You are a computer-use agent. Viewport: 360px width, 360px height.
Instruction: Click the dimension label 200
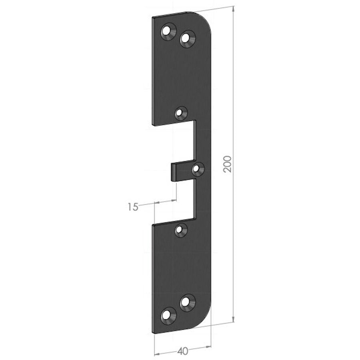(227, 164)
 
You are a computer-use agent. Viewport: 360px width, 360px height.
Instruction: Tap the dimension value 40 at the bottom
(183, 351)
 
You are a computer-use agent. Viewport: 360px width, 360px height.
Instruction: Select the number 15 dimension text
(133, 207)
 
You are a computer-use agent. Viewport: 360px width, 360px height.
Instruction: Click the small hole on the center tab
(196, 169)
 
